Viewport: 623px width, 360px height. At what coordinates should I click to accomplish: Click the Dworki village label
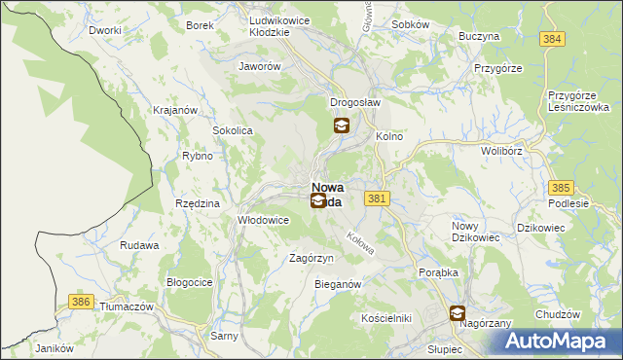104,30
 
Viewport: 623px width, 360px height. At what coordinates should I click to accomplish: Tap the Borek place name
200,25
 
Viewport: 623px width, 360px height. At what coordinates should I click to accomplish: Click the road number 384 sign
554,38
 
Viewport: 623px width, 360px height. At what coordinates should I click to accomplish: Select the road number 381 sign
379,198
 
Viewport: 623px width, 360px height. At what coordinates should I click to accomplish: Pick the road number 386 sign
81,304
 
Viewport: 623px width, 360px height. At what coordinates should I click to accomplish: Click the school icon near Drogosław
342,126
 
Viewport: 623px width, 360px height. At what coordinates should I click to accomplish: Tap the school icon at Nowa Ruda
318,201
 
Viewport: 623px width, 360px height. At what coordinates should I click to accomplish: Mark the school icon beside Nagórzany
458,313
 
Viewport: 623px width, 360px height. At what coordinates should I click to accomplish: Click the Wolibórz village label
501,151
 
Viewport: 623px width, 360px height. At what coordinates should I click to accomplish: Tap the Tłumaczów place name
128,306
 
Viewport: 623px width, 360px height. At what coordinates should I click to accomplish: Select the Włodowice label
264,220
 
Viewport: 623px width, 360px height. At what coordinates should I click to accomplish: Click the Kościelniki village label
386,318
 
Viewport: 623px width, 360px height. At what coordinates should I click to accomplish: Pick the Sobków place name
410,23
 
